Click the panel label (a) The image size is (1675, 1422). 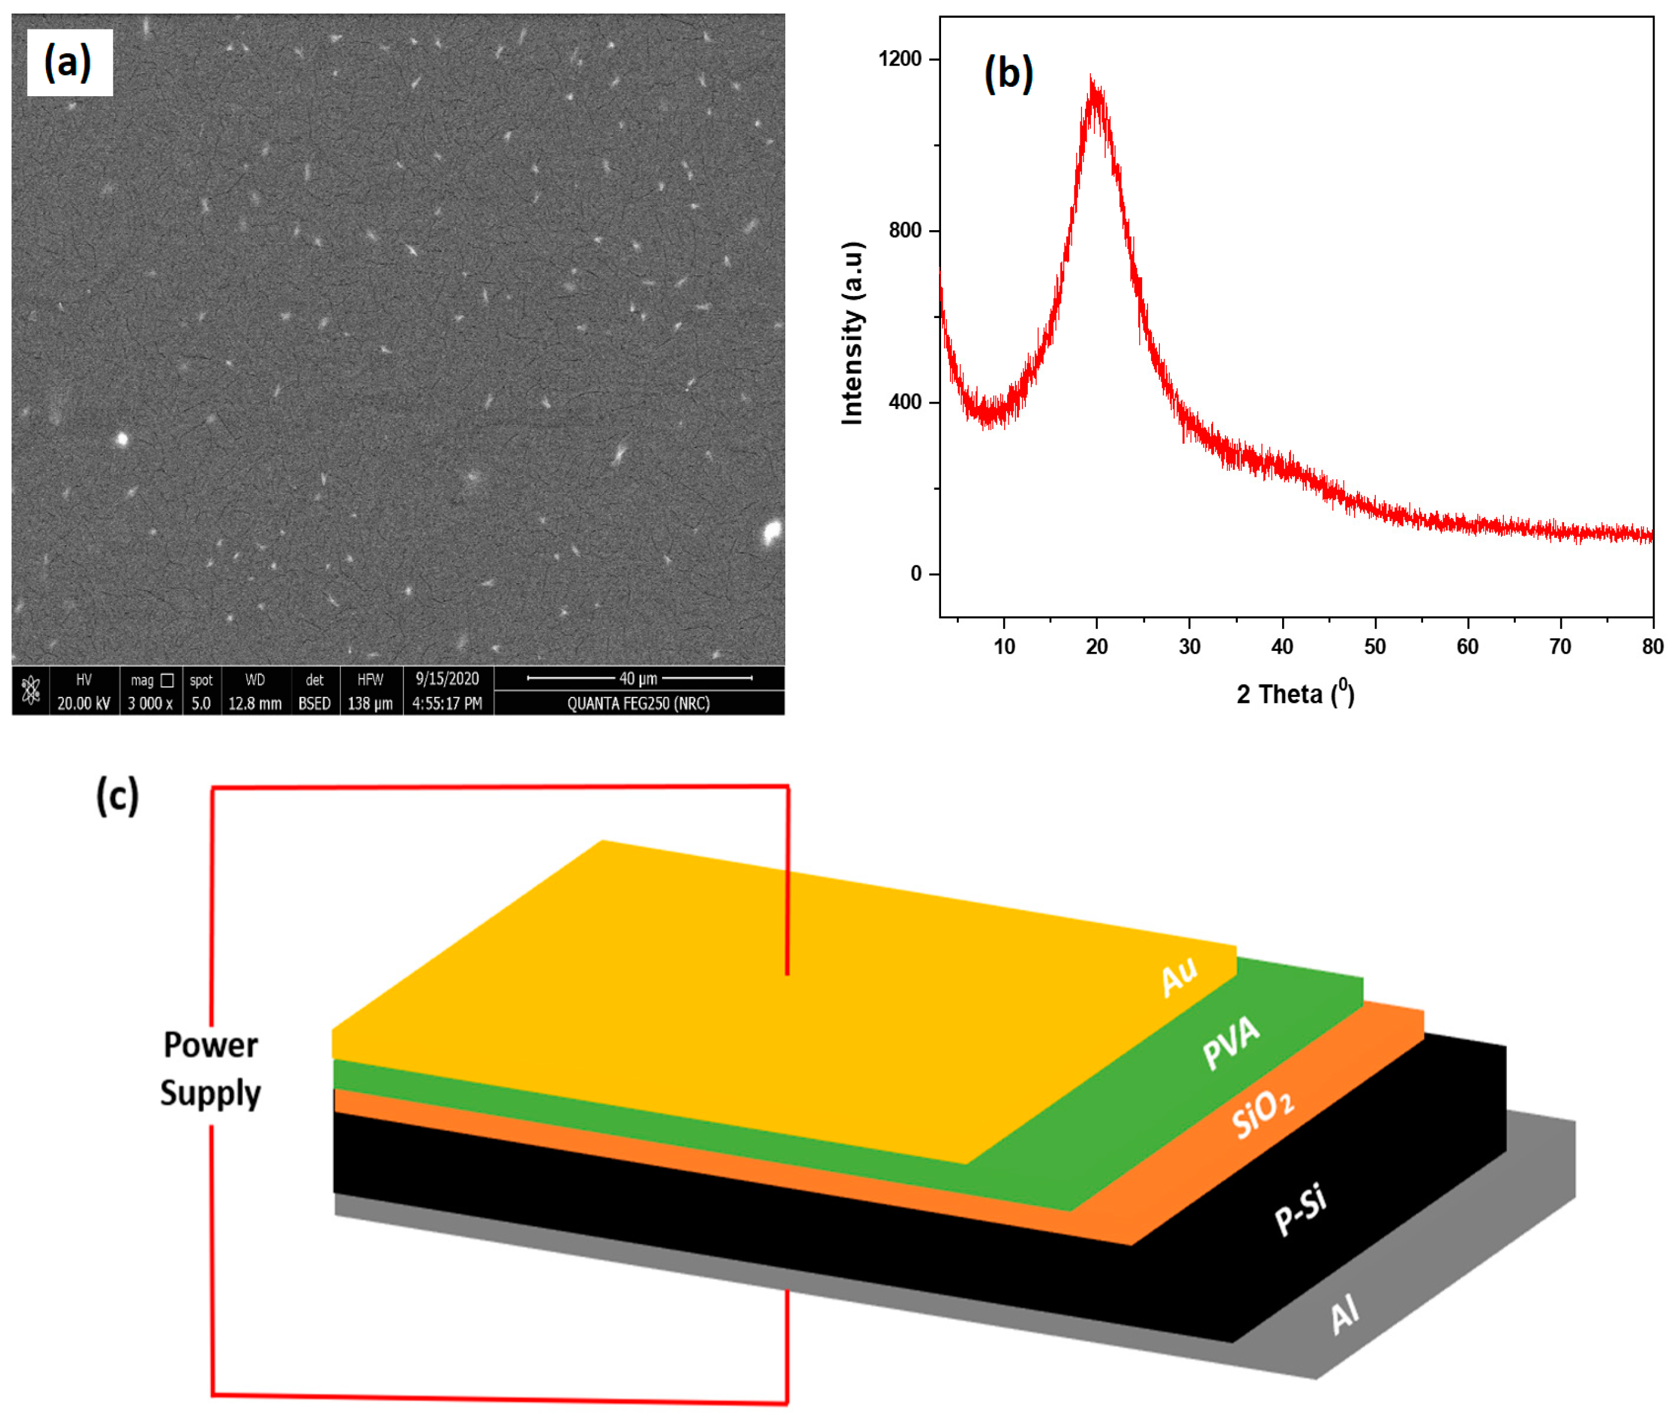(68, 63)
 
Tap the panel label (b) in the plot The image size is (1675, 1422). (1008, 74)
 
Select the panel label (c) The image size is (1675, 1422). (117, 797)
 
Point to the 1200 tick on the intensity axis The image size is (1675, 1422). (900, 59)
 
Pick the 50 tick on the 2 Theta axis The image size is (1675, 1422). (1375, 647)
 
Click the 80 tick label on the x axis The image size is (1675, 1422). (1653, 647)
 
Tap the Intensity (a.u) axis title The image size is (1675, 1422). (852, 332)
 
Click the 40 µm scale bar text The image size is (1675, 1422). (638, 679)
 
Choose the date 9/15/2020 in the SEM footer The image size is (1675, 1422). (447, 679)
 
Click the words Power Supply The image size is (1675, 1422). (211, 1069)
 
